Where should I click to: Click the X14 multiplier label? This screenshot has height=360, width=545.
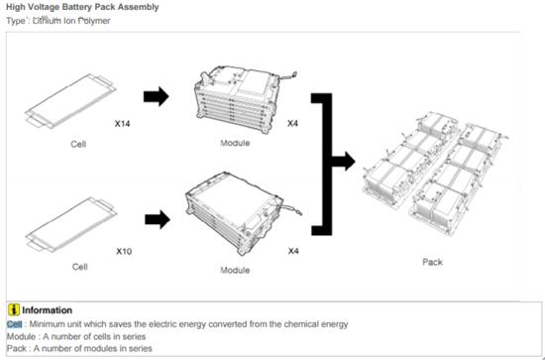(x=122, y=124)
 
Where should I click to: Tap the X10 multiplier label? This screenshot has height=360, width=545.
(x=124, y=251)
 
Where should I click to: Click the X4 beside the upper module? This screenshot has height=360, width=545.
(x=292, y=123)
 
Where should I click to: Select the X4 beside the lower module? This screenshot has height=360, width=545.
(x=293, y=251)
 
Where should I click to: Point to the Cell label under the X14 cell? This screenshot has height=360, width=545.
(x=78, y=144)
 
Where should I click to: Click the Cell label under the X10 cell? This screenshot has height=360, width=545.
(x=80, y=267)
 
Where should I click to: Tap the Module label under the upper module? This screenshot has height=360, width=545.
(x=235, y=143)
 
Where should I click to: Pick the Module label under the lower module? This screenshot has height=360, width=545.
(x=235, y=271)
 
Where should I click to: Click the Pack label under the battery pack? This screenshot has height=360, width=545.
(x=432, y=262)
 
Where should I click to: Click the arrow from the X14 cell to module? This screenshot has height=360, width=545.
(x=157, y=96)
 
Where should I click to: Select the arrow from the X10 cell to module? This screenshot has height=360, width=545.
(x=158, y=219)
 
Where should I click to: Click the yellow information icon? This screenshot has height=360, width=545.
(x=14, y=309)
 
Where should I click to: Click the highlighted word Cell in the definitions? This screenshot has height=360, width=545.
(x=14, y=324)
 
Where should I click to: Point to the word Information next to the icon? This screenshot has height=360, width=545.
(x=48, y=310)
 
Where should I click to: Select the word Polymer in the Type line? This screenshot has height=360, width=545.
(x=94, y=21)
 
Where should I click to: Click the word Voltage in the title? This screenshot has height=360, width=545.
(x=45, y=7)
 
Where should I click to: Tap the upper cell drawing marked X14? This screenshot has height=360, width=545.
(x=70, y=101)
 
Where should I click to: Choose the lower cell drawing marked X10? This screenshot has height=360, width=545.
(x=71, y=225)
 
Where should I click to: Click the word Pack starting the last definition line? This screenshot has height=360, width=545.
(x=16, y=348)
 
